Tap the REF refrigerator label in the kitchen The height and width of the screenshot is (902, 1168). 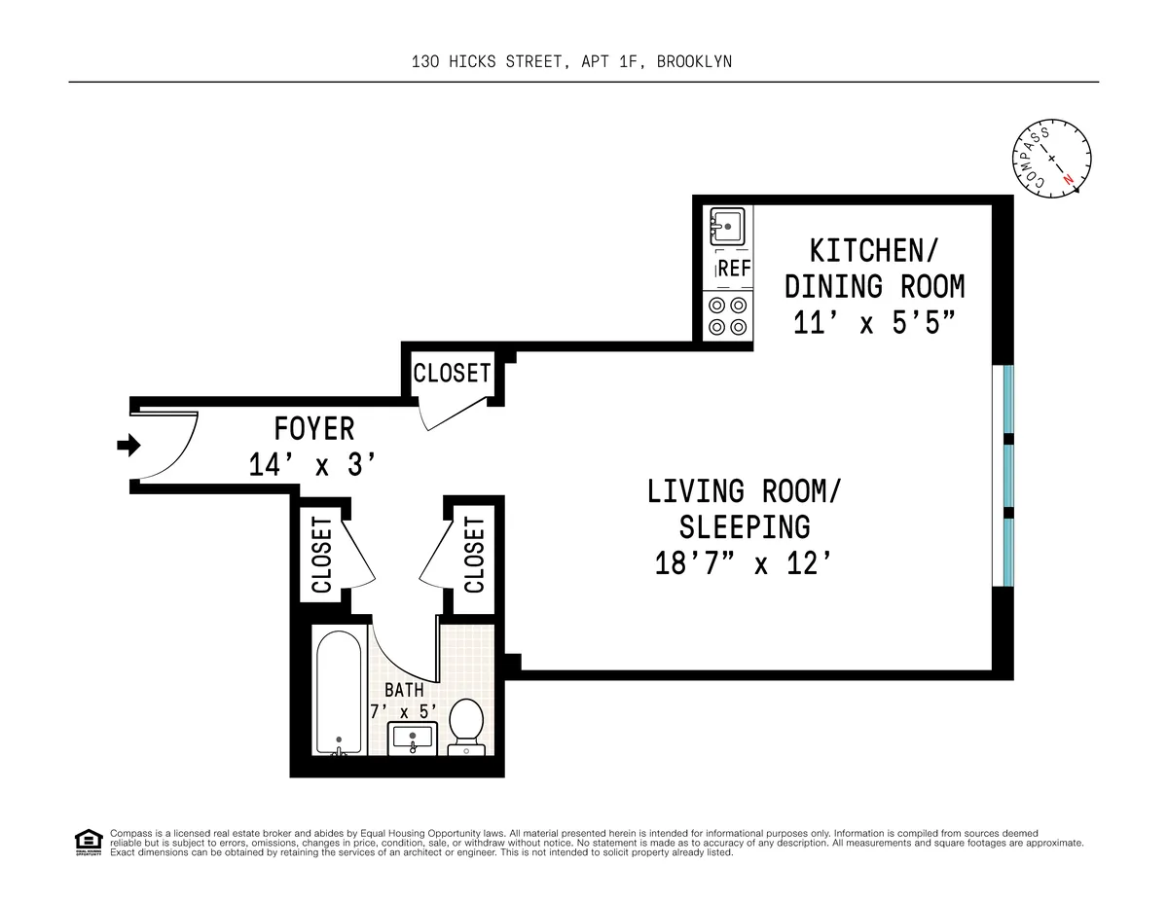click(x=734, y=270)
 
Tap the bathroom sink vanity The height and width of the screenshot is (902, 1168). click(x=414, y=739)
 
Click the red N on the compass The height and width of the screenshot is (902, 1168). click(x=1069, y=178)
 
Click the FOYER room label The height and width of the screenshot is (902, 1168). click(x=313, y=428)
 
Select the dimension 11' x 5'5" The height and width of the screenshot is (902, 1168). click(x=875, y=323)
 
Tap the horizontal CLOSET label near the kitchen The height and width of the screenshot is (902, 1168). click(x=452, y=374)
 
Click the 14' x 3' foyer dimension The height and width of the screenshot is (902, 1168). click(x=311, y=465)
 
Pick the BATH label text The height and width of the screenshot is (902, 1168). click(x=403, y=690)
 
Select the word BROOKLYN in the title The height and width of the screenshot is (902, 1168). click(x=694, y=61)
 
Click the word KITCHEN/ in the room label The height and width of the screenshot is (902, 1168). click(x=874, y=250)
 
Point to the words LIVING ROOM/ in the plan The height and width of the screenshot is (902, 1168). click(x=746, y=490)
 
